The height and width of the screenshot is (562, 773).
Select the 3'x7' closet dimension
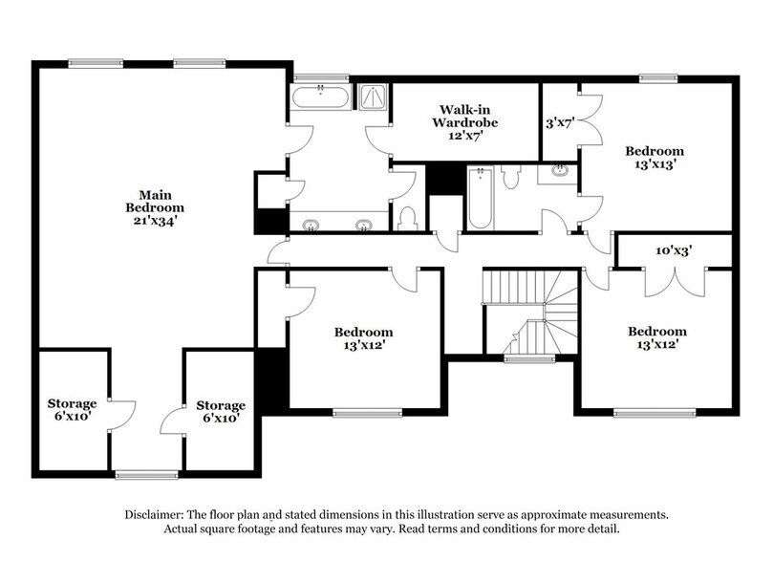point(559,123)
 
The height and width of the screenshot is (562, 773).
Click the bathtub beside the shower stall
point(320,97)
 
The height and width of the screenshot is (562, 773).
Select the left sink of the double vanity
point(311,226)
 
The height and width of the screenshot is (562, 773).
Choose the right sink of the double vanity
point(363,226)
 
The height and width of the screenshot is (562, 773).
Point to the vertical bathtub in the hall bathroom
point(479,199)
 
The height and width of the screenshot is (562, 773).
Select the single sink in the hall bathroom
point(558,173)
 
